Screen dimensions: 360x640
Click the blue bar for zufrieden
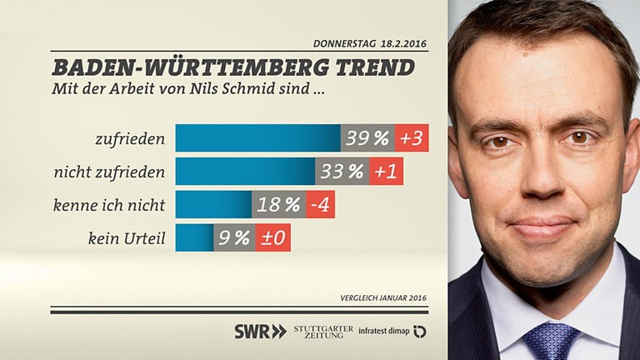[257, 138]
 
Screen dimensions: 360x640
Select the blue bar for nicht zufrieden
[245, 172]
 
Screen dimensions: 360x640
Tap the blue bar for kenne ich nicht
[213, 205]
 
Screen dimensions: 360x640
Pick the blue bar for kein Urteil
[194, 238]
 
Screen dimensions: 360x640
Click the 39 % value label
[367, 138]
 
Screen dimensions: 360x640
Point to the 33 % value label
[342, 172]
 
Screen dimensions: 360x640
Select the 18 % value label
[278, 205]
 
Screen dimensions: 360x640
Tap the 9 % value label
[234, 238]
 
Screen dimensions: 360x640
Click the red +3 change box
[412, 138]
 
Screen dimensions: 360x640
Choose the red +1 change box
[387, 172]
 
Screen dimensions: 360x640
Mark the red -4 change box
[320, 205]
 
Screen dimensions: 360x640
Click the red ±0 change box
[272, 238]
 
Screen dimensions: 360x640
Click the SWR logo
[260, 331]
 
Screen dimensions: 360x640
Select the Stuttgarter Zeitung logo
[323, 331]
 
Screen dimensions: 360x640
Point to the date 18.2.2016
[404, 43]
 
